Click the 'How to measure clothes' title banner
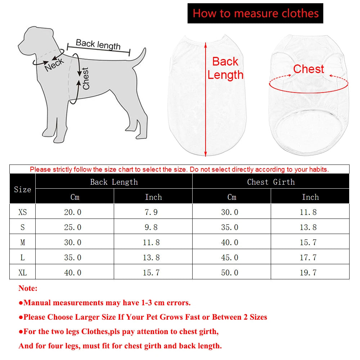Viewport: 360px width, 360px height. coord(255,13)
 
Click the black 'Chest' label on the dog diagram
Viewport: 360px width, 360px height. coord(86,78)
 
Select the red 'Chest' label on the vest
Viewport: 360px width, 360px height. coord(309,69)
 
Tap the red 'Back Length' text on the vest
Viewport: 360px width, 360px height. coord(225,68)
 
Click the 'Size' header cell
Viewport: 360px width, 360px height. coord(22,189)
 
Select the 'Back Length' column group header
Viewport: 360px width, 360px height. coord(114,182)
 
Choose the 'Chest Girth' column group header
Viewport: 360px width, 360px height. coord(271,182)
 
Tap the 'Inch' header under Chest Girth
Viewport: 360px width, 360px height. coord(310,197)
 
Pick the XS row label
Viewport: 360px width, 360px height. coord(22,212)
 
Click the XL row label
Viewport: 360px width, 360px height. coord(22,273)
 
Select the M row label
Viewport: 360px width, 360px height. coord(22,242)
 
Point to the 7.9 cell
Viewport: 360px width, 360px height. coord(151,212)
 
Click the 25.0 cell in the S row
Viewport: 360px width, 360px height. coord(73,227)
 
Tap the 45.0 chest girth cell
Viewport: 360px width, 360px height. coord(230,257)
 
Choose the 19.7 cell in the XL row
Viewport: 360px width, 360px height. coord(308,273)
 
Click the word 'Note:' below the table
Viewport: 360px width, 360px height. coord(28,288)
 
